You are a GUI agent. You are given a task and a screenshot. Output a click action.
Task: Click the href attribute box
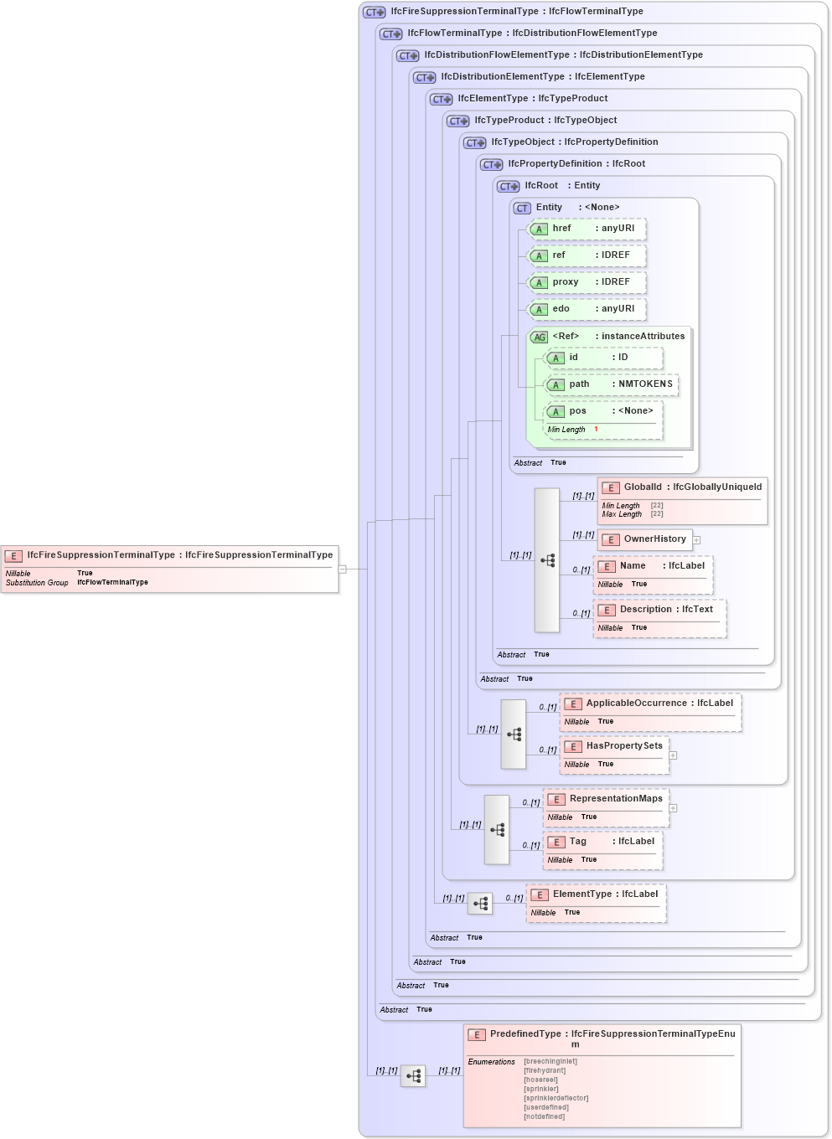(587, 229)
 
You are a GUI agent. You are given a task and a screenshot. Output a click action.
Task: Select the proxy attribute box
(587, 282)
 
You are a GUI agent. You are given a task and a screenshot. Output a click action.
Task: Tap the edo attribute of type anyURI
(587, 309)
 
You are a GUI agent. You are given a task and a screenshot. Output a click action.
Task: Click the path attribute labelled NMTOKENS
(612, 384)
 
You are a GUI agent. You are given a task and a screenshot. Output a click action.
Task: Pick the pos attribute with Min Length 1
(603, 419)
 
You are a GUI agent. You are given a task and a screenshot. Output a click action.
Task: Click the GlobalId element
(682, 501)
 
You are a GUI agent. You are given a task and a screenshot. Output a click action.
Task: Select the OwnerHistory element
(645, 539)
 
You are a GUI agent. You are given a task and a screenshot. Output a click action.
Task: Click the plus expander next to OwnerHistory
(696, 540)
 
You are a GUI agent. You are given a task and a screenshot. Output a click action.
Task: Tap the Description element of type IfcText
(659, 617)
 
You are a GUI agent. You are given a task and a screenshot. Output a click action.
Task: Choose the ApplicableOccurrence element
(651, 711)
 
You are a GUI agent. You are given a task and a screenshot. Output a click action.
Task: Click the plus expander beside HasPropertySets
(673, 755)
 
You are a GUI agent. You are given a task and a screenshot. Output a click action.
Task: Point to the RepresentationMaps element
(606, 807)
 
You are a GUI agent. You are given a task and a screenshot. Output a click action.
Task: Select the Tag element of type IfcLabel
(602, 849)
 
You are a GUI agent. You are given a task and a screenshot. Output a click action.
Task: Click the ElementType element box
(596, 902)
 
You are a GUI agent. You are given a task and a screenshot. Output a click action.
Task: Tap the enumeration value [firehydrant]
(545, 1070)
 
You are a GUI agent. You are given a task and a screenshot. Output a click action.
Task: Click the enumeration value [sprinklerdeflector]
(556, 1098)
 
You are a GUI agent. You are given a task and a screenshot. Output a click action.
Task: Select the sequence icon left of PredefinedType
(413, 1075)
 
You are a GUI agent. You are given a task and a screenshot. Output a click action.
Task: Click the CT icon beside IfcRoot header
(509, 186)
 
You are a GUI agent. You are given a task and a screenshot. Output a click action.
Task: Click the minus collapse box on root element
(342, 569)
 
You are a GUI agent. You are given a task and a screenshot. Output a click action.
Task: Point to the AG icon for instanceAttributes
(539, 338)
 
